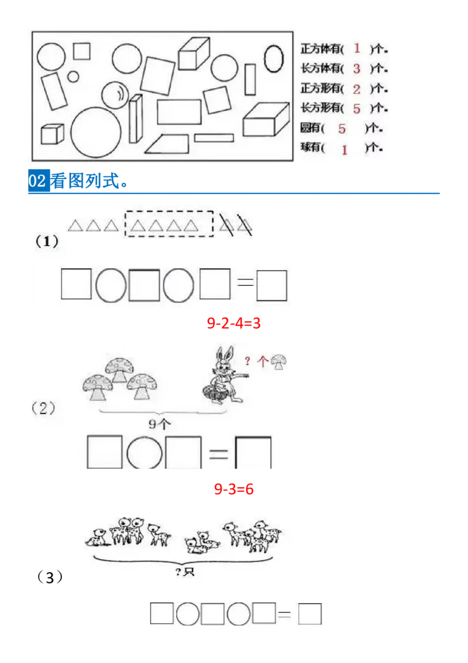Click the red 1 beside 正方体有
point(357,48)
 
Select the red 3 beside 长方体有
point(357,69)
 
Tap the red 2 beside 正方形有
point(357,89)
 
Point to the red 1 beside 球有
point(345,149)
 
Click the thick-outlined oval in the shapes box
point(272,60)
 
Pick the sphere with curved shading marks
point(115,95)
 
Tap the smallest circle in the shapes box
point(73,76)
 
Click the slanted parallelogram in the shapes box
point(167,144)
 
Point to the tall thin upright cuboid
point(136,118)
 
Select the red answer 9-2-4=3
point(233,323)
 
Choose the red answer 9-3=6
point(233,489)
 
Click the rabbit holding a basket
point(221,375)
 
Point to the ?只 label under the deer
point(185,572)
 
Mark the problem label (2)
point(44,408)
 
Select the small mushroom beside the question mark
point(280,363)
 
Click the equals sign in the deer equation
point(284,614)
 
